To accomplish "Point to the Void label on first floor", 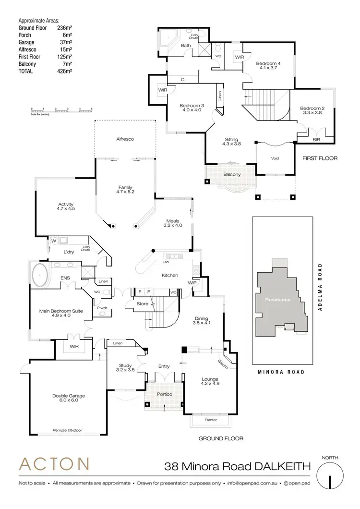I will tap(275, 158).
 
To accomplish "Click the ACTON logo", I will tap(54, 464).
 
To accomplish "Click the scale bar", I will tap(60, 110).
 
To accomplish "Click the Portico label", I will tap(164, 394).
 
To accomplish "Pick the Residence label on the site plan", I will tap(279, 300).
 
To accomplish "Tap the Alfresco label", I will tap(125, 139).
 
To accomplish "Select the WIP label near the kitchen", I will tap(192, 283).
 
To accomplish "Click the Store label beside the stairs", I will tap(142, 303).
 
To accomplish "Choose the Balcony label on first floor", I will tap(232, 174).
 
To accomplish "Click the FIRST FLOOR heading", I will tap(320, 158).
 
